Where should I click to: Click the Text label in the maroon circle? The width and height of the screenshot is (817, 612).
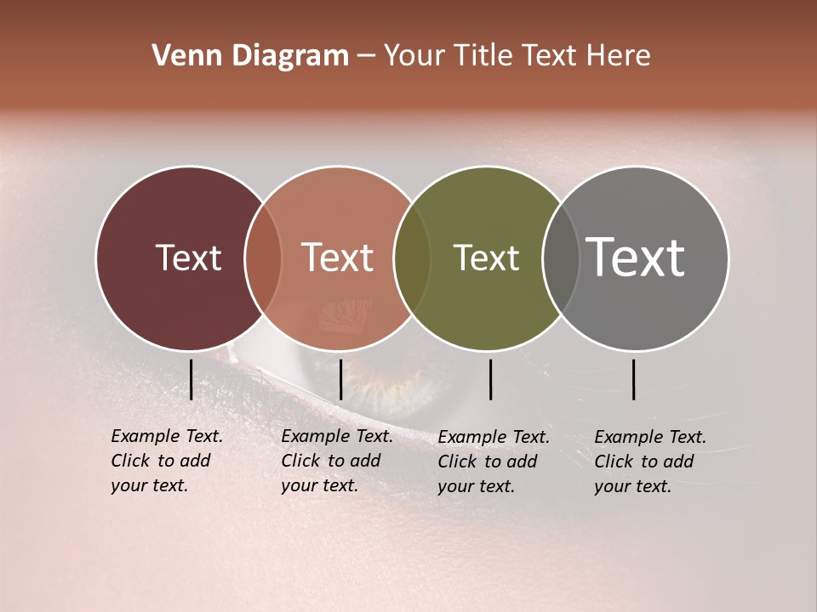188,258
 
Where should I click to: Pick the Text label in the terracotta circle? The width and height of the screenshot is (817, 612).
337,258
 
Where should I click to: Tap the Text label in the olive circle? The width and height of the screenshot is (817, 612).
486,258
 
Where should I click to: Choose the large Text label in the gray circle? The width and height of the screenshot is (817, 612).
636,258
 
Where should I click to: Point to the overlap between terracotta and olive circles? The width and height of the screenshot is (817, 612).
411,258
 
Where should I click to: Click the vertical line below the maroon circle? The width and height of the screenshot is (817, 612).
191,379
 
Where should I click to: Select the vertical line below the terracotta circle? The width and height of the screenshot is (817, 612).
340,379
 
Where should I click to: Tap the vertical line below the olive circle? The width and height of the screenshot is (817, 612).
491,379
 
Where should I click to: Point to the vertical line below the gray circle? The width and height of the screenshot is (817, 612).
634,379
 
